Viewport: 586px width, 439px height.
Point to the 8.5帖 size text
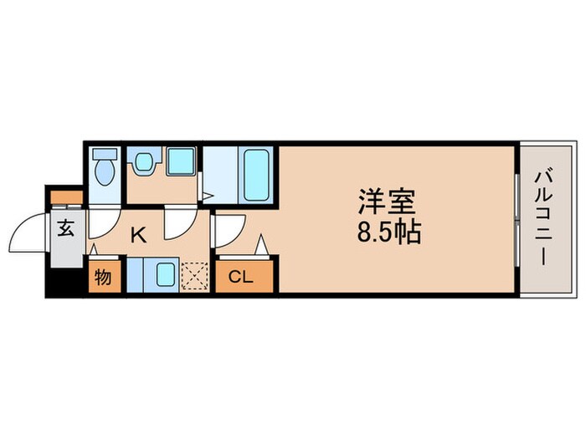tap(388, 231)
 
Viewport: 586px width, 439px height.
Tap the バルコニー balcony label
tap(542, 219)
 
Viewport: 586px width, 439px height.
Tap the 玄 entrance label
tap(66, 227)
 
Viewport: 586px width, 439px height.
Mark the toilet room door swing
tap(102, 219)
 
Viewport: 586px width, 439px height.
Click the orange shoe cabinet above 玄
tap(66, 197)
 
